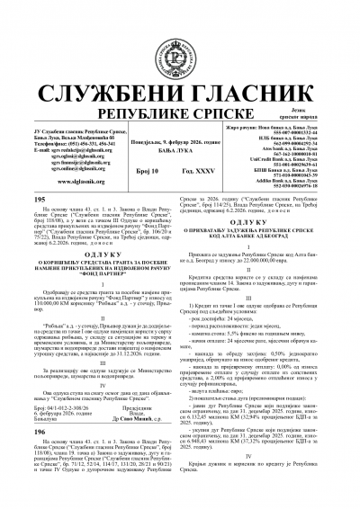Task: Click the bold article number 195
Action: coord(38,174)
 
